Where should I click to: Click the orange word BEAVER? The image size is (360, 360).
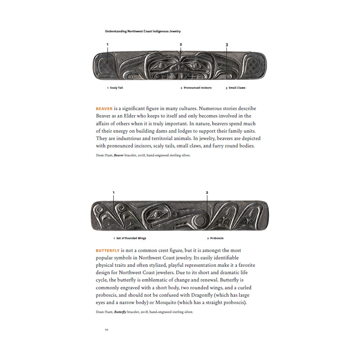click(104, 109)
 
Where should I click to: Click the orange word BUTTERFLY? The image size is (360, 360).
click(108, 251)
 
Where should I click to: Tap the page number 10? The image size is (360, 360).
click(106, 330)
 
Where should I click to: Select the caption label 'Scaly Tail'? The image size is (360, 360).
click(116, 88)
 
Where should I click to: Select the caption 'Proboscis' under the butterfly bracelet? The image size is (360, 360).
click(217, 238)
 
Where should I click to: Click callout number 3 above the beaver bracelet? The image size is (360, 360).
click(227, 45)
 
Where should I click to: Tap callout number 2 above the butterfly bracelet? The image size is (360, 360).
click(207, 192)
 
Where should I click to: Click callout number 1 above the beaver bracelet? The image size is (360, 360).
click(108, 44)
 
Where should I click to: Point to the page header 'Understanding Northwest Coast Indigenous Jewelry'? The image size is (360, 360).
click(143, 31)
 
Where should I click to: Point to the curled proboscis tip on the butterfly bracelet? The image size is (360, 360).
click(201, 221)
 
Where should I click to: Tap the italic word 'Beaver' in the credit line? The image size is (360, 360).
click(118, 155)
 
